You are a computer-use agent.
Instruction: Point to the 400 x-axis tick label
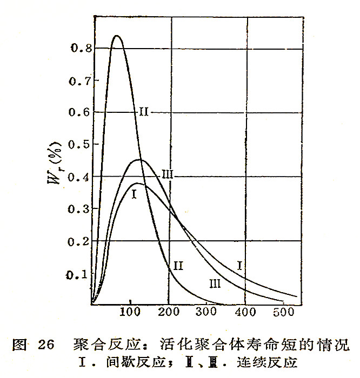pyautogui.click(x=245, y=313)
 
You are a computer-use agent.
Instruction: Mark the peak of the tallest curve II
pyautogui.click(x=116, y=36)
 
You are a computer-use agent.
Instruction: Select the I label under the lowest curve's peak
pyautogui.click(x=133, y=194)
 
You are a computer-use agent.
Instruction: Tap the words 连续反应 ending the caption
pyautogui.click(x=271, y=361)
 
